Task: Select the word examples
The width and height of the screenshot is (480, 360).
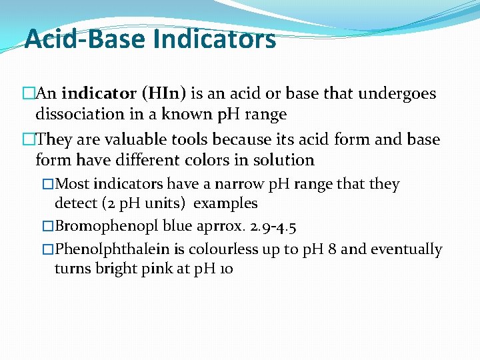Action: (225, 203)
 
